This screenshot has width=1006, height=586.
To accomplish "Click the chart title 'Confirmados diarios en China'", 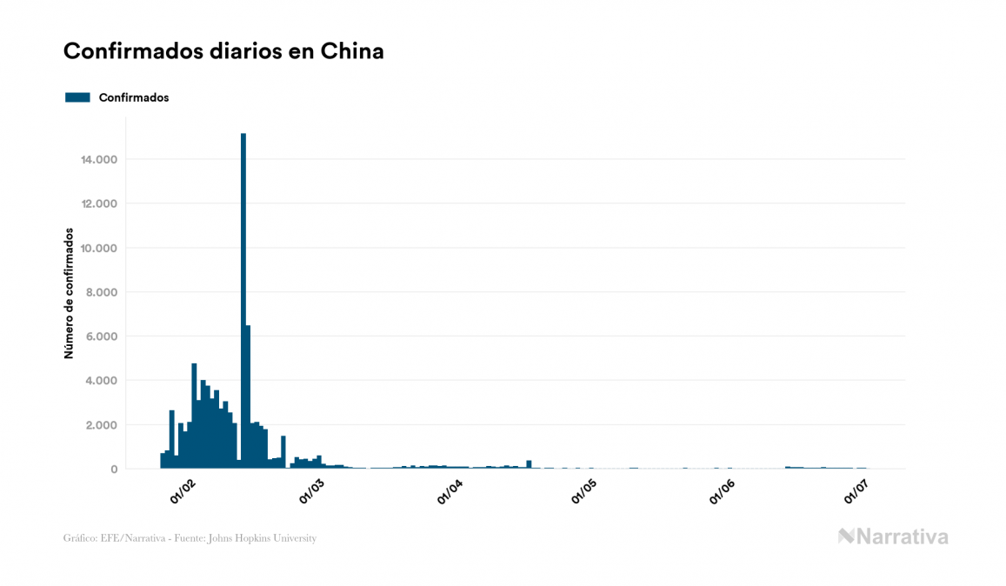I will [223, 51].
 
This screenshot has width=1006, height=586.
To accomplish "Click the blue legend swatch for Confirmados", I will [77, 97].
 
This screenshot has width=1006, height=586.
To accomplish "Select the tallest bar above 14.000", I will [243, 300].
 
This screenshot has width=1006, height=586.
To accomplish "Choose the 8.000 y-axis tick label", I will [98, 292].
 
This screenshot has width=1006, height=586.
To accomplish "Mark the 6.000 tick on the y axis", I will [98, 336].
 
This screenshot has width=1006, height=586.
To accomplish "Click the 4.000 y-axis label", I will [98, 381].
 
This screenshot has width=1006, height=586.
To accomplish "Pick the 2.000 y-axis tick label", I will [98, 425].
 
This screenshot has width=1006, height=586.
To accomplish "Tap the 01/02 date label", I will [183, 492].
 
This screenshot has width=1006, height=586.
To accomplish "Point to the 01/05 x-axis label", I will [584, 492].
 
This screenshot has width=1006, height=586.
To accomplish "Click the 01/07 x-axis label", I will [857, 492].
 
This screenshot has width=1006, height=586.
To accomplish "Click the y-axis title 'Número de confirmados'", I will [69, 294].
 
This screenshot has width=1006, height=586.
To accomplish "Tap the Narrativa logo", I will [893, 536].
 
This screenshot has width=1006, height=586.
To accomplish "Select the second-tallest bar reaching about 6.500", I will [249, 396].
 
